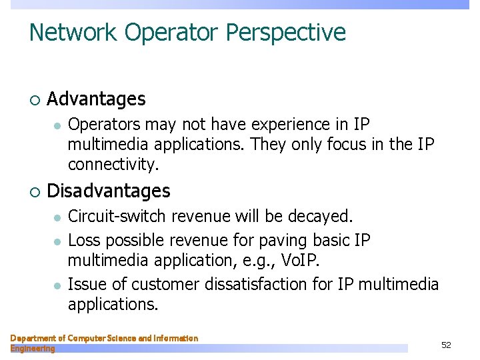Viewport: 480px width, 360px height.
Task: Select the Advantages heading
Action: pyautogui.click(x=96, y=99)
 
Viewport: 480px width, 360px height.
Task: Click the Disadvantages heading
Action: pyautogui.click(x=109, y=191)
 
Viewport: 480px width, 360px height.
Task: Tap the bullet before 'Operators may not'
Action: pyautogui.click(x=58, y=125)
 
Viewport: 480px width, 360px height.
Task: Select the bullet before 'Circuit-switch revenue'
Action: pyautogui.click(x=58, y=217)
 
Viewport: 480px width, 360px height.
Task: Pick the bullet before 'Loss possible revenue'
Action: pyautogui.click(x=58, y=241)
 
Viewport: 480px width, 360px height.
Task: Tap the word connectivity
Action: pyautogui.click(x=114, y=165)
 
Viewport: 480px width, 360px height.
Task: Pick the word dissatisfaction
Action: pyautogui.click(x=271, y=285)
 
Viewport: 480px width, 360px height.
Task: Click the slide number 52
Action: pyautogui.click(x=446, y=345)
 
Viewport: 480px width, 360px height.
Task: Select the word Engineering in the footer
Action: pyautogui.click(x=33, y=349)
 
